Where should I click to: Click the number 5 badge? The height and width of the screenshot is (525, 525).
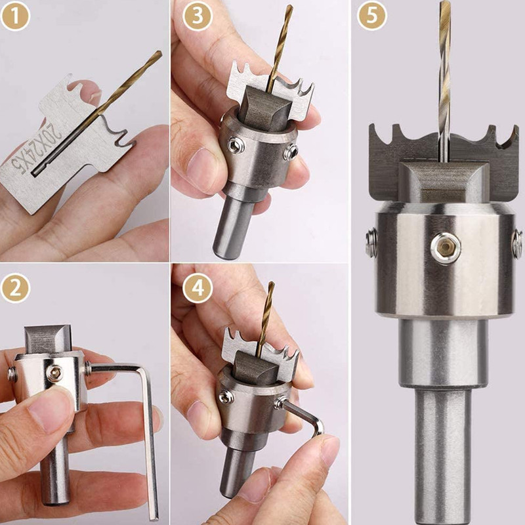(372, 17)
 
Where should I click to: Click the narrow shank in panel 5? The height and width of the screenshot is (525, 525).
(443, 459)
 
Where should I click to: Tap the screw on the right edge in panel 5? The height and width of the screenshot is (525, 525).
(516, 243)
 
